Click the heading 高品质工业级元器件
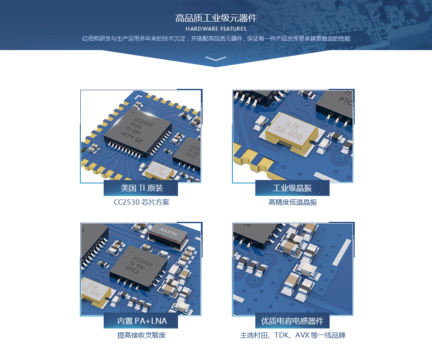point(216,18)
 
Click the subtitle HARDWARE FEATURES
point(216,29)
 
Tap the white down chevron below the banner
point(216,58)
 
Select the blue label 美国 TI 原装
point(141,188)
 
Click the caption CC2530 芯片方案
point(141,202)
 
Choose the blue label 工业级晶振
point(292,188)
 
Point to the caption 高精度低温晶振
point(292,202)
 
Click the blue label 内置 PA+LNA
point(141,321)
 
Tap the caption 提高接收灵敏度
point(141,335)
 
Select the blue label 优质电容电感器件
point(292,321)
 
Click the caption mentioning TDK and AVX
point(292,335)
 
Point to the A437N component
point(168,233)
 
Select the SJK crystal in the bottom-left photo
point(94,291)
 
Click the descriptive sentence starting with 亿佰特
point(216,38)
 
